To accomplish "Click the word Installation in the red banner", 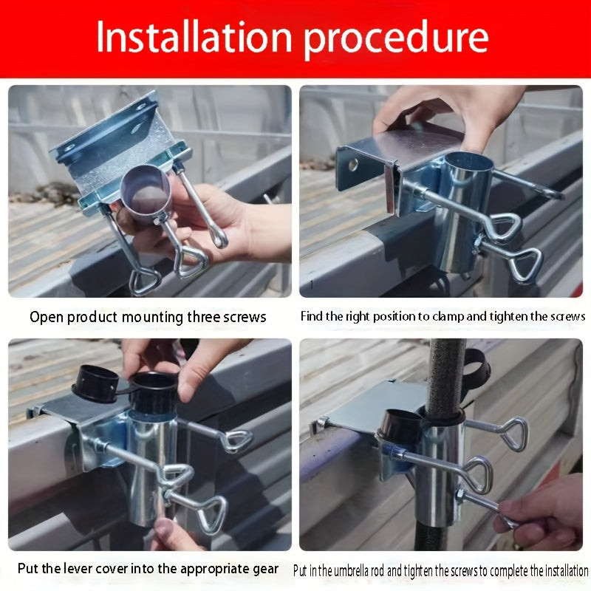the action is click(194, 36).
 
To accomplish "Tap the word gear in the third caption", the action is click(266, 570).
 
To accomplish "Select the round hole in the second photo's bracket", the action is click(353, 164).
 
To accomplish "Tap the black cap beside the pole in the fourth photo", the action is click(400, 426).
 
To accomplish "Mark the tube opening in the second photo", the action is click(468, 161).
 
